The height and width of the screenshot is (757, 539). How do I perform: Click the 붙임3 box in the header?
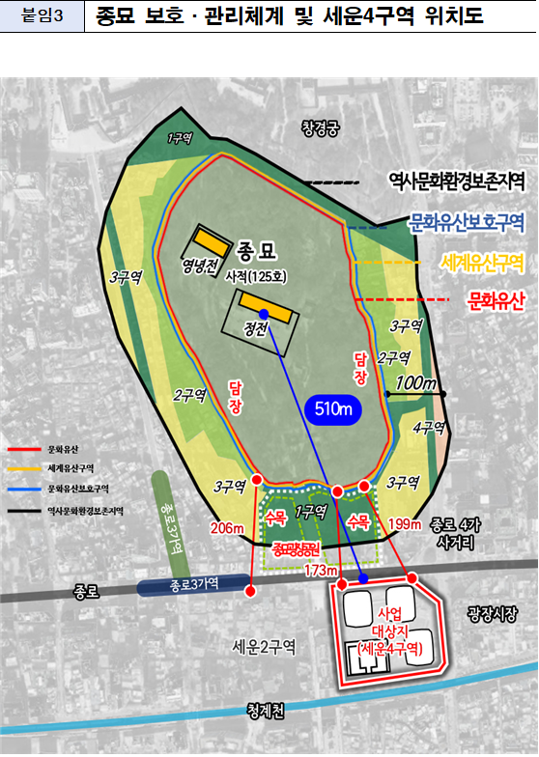[42, 18]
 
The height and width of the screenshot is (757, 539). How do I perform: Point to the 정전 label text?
[255, 327]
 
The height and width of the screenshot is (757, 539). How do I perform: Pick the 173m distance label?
[318, 572]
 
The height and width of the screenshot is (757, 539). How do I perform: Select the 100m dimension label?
[416, 383]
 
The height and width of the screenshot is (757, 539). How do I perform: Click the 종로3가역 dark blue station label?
[186, 584]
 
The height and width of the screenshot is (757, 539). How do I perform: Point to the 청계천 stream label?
[266, 711]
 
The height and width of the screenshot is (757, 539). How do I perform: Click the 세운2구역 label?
[264, 645]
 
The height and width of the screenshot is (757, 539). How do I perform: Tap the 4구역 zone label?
[428, 427]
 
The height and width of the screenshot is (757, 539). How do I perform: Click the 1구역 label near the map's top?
[180, 138]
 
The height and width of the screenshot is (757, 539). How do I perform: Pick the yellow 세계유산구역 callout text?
[481, 262]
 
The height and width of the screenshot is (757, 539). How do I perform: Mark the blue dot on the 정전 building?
[264, 301]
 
